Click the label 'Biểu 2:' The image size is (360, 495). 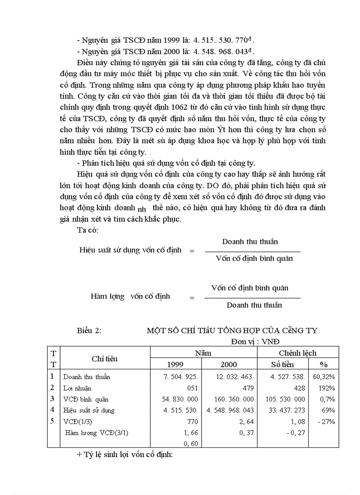pos(89,331)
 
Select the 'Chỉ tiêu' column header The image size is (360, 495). pos(105,358)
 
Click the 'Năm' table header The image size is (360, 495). pos(203,353)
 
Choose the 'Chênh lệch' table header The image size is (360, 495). pos(297,353)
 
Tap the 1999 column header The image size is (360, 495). pos(175,365)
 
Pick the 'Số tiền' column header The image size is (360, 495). pos(282,365)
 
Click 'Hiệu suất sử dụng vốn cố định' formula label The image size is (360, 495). pos(131,250)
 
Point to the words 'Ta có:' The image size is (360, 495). pos(87,230)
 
